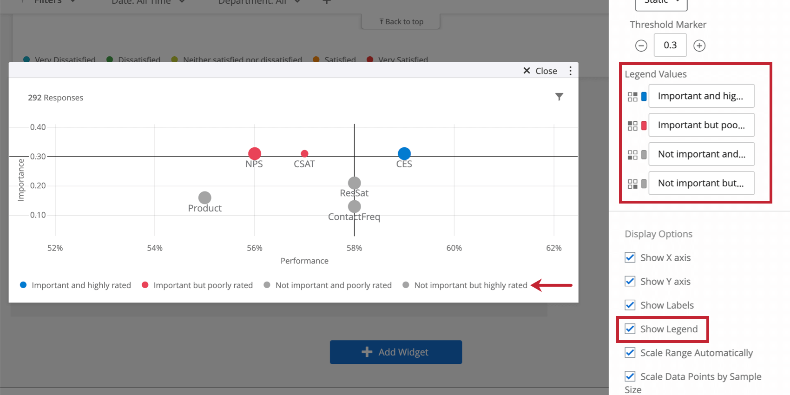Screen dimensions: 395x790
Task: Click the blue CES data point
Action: pos(404,153)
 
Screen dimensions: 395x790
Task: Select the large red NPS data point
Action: pos(255,153)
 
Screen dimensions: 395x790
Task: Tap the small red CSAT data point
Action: pos(304,153)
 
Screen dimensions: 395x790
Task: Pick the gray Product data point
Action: pos(204,197)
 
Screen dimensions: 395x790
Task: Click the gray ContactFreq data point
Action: pos(354,206)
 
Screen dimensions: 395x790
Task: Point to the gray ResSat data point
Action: pos(354,183)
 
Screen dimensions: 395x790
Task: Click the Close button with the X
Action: pos(540,71)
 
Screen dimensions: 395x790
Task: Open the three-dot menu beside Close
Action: pos(570,71)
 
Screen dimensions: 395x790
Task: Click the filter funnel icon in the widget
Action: pos(559,97)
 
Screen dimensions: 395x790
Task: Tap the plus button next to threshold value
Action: pos(699,46)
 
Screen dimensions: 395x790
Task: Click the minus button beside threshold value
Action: pos(641,46)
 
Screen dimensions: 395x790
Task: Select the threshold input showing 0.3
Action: pos(670,46)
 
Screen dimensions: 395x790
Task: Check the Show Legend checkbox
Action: pos(630,329)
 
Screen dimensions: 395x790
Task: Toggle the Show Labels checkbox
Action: pos(630,305)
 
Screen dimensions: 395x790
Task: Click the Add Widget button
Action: pos(395,352)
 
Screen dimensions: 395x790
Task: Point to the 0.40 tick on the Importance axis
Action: pos(38,127)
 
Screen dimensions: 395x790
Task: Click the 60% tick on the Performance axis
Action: pos(454,248)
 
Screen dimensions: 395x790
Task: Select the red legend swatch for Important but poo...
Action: pos(644,125)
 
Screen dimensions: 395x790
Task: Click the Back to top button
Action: pos(401,21)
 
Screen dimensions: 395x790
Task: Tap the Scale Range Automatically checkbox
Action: pos(630,353)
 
